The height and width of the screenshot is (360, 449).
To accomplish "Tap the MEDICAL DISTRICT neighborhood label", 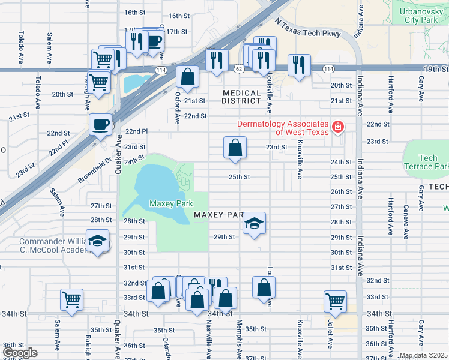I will tap(241, 98).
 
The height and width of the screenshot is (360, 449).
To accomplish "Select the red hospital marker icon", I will tap(338, 127).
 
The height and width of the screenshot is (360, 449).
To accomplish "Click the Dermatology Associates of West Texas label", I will tap(283, 128).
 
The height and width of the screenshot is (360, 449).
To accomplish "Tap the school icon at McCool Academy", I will tap(97, 241).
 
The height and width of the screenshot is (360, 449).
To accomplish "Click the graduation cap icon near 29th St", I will tap(255, 224).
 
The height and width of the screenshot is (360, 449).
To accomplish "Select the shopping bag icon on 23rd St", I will tap(235, 148).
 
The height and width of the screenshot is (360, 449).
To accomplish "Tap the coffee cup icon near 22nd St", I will tap(100, 124).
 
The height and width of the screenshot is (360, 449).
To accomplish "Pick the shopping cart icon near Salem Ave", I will tap(72, 299).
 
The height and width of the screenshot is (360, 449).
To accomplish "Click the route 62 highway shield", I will tap(239, 70).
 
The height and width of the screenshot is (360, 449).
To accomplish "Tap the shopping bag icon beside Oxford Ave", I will tap(187, 77).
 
